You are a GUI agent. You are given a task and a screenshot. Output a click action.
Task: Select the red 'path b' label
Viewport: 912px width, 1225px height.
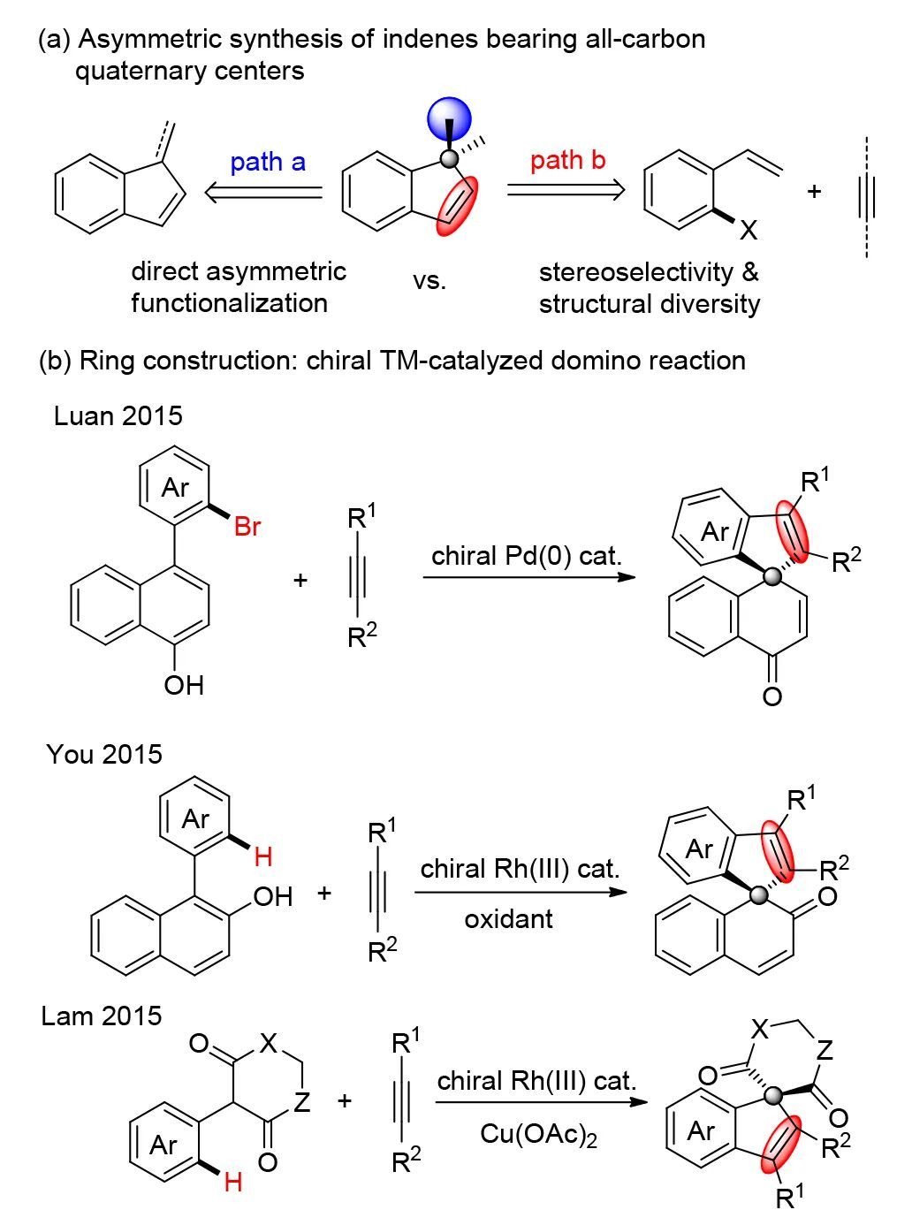[x=568, y=160]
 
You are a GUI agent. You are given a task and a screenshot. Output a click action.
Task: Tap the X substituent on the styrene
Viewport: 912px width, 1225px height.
[x=748, y=231]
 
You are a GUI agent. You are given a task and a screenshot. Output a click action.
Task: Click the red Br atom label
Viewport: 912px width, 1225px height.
[x=247, y=527]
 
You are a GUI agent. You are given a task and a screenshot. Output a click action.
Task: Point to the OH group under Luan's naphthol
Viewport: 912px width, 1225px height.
[x=183, y=684]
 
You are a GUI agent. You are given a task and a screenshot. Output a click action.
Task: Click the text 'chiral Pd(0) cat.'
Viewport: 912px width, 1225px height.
[x=527, y=556]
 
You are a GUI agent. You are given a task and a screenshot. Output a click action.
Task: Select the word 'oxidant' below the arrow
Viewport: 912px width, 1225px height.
[x=508, y=918]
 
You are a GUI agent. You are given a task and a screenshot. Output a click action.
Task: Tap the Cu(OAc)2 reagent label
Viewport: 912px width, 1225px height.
[x=538, y=1134]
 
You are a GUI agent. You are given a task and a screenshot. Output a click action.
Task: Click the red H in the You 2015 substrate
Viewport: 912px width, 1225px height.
[x=262, y=856]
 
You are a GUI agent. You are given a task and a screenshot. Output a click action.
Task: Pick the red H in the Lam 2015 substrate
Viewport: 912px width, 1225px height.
[x=232, y=1182]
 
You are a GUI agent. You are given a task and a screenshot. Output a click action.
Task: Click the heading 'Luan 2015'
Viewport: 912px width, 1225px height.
[x=118, y=415]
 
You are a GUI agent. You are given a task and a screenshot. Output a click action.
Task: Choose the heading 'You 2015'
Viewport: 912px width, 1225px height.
[x=104, y=754]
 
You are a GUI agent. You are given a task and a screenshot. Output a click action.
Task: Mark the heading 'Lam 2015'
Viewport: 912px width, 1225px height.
[x=102, y=1016]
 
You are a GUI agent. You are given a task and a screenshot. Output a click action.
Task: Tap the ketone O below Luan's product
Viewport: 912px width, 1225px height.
[x=771, y=696]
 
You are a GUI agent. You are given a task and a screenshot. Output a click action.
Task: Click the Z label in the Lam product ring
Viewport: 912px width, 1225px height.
[x=824, y=1050]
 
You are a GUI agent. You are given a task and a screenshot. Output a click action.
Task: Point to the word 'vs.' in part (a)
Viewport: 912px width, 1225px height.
[x=429, y=281]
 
